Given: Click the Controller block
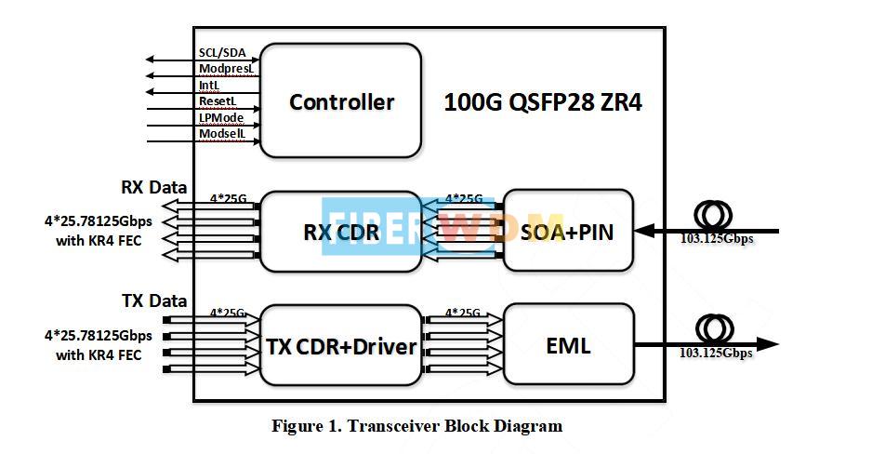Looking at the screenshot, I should pos(340,101).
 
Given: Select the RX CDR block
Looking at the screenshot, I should pos(340,231).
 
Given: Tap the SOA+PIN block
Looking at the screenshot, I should pos(568,231).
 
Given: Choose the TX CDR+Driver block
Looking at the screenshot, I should pos(340,346).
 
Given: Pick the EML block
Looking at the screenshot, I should pos(568,346).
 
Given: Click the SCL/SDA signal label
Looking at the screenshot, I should pos(221,53).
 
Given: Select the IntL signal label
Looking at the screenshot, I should pos(209,85).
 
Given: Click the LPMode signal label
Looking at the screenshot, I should pos(220,117).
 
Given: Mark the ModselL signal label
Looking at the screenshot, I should pos(220,134).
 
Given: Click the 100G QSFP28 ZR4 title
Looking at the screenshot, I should pos(543,102).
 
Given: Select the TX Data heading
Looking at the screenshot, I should pos(153,300).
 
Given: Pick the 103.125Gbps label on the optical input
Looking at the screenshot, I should pos(715,239).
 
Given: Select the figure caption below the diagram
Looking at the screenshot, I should pos(416,427).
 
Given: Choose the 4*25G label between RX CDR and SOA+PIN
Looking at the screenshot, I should pos(464,198).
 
